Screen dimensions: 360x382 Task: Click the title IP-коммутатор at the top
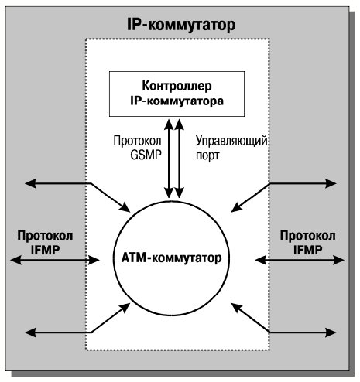[181, 26]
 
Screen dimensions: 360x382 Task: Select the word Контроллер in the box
[177, 86]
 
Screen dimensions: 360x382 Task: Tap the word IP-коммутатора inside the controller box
[177, 101]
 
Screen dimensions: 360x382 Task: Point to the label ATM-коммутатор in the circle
[171, 258]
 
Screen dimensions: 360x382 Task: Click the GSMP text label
[146, 155]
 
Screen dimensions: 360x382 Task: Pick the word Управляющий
[231, 142]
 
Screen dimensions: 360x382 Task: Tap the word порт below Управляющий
[207, 156]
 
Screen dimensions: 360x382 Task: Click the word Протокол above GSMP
[137, 141]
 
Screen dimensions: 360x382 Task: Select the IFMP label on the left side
[45, 250]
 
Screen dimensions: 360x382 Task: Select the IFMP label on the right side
[307, 250]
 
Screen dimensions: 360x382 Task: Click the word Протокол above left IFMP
[45, 235]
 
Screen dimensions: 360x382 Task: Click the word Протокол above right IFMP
[308, 235]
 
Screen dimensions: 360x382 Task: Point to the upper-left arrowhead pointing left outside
[30, 183]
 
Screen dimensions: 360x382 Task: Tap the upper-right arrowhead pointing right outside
[331, 183]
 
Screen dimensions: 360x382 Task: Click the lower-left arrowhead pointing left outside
[30, 333]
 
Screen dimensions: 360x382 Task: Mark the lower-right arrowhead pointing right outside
[331, 333]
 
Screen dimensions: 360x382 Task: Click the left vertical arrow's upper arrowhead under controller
[169, 124]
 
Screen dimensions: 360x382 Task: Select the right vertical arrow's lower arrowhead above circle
[179, 193]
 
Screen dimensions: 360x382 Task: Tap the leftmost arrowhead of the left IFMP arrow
[16, 260]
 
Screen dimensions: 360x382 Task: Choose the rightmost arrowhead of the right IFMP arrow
[338, 260]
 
